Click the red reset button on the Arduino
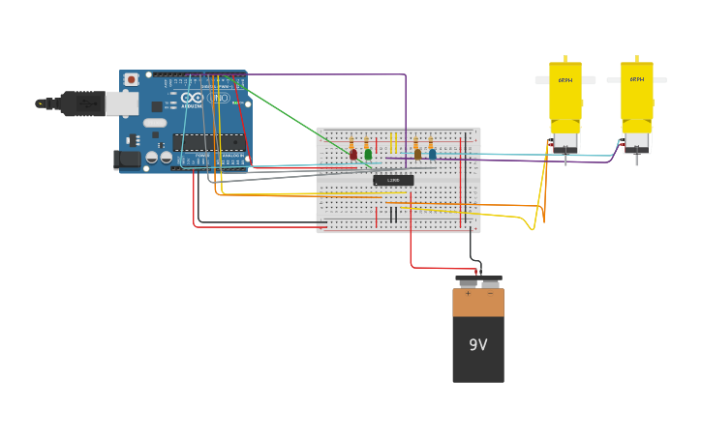[x=130, y=79]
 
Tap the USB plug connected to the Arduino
[x=82, y=102]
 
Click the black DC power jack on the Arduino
[x=127, y=159]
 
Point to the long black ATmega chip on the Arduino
[x=208, y=142]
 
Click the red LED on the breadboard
[x=353, y=154]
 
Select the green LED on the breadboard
[x=368, y=154]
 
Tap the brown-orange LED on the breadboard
[x=417, y=154]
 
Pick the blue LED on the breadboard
[x=432, y=154]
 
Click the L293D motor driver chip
[x=393, y=180]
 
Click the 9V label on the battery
[x=477, y=345]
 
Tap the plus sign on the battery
[x=467, y=293]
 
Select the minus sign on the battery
[x=489, y=293]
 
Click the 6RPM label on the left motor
[x=565, y=80]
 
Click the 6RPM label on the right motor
[x=636, y=79]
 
